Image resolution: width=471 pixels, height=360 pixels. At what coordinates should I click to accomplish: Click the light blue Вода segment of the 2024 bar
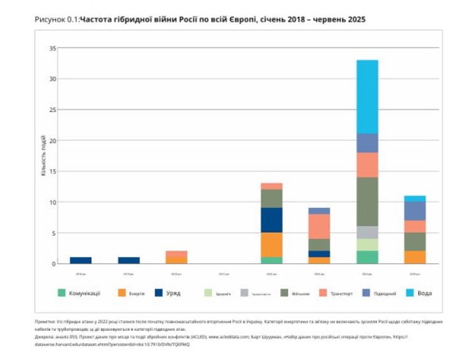tap(367, 96)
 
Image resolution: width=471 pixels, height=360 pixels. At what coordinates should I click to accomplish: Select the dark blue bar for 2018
tap(81, 260)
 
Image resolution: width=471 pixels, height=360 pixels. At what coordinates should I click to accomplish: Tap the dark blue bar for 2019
tap(129, 260)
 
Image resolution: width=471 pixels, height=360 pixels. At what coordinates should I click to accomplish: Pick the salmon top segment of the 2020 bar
tap(176, 254)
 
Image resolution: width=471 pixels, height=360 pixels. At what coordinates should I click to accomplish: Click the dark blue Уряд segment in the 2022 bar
tap(272, 220)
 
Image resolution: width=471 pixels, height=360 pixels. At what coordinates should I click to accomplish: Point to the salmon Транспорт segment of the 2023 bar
tap(320, 226)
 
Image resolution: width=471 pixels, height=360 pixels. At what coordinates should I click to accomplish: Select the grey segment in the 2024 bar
tap(367, 232)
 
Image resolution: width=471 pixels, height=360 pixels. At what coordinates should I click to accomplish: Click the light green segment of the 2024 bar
tap(367, 245)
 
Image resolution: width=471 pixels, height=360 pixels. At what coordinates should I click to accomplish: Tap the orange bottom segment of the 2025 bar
tap(415, 257)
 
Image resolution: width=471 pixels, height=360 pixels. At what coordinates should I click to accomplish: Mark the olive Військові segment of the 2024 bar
tap(367, 202)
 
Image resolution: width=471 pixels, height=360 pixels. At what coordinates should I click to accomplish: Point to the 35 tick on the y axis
tap(53, 48)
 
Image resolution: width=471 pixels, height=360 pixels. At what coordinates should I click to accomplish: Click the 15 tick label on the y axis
tap(53, 171)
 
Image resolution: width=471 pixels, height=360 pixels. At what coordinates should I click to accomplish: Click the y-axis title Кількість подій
tap(43, 155)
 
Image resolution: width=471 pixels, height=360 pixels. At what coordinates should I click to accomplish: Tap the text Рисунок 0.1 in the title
tap(56, 20)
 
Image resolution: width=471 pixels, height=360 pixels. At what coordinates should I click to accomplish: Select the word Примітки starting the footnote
tap(45, 322)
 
